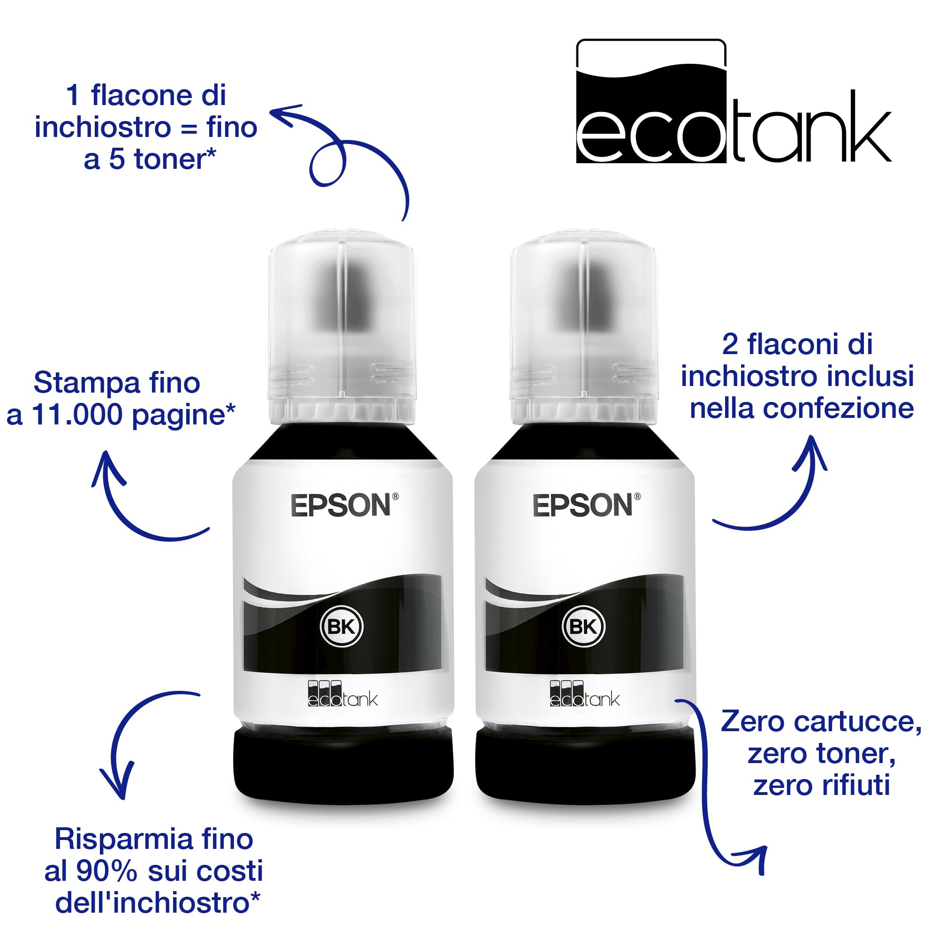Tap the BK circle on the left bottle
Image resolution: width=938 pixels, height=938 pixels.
click(x=342, y=627)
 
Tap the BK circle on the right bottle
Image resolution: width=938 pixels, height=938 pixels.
click(x=583, y=627)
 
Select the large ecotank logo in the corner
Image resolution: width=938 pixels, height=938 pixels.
click(x=733, y=101)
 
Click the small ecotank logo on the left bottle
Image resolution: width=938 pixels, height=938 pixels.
click(x=343, y=693)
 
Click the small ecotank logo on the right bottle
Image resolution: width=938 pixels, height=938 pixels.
click(x=584, y=693)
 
